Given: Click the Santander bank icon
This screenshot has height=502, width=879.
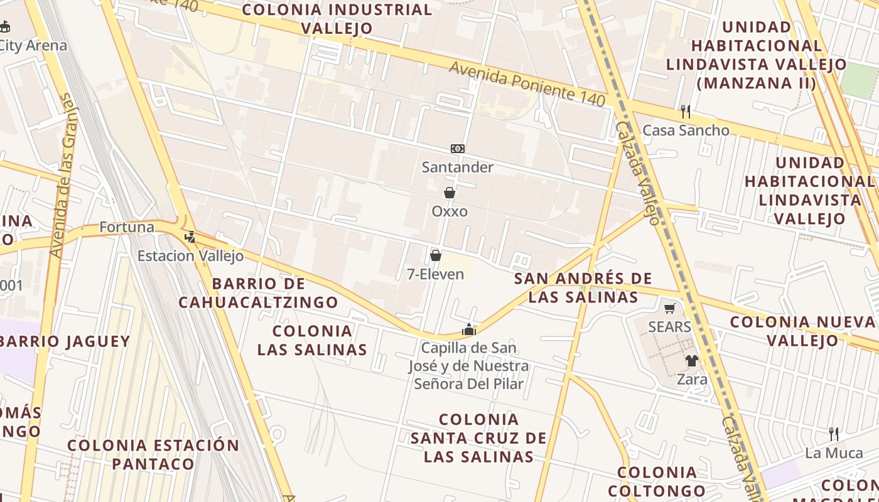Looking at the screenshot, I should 458,149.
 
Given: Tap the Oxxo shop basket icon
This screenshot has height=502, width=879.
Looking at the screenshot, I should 450,193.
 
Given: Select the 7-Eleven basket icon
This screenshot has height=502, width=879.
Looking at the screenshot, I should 436,255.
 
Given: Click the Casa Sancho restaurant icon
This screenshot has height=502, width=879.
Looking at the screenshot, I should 686,112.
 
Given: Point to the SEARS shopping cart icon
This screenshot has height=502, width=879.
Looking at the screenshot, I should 670,308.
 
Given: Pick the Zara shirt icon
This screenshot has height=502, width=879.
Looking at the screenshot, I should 691,361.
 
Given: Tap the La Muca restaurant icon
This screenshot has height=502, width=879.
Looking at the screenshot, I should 834,434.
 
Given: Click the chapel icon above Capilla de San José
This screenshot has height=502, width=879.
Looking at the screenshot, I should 469,329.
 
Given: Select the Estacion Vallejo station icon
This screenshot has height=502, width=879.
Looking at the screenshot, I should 190,237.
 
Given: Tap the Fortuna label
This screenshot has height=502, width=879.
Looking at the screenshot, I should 127,227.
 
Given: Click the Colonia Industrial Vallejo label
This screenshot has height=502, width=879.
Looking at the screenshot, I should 337,19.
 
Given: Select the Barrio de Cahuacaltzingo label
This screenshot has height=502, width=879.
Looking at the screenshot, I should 258,293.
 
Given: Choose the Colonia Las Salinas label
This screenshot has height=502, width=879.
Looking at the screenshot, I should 312,340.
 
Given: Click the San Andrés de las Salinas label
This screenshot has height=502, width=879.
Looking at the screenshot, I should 583,287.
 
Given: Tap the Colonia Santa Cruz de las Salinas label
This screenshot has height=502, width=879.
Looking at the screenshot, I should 478,438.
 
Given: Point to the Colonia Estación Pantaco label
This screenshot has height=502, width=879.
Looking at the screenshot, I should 153,454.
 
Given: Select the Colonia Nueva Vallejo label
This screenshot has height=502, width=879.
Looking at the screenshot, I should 802,331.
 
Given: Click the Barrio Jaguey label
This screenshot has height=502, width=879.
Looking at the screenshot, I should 65,342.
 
